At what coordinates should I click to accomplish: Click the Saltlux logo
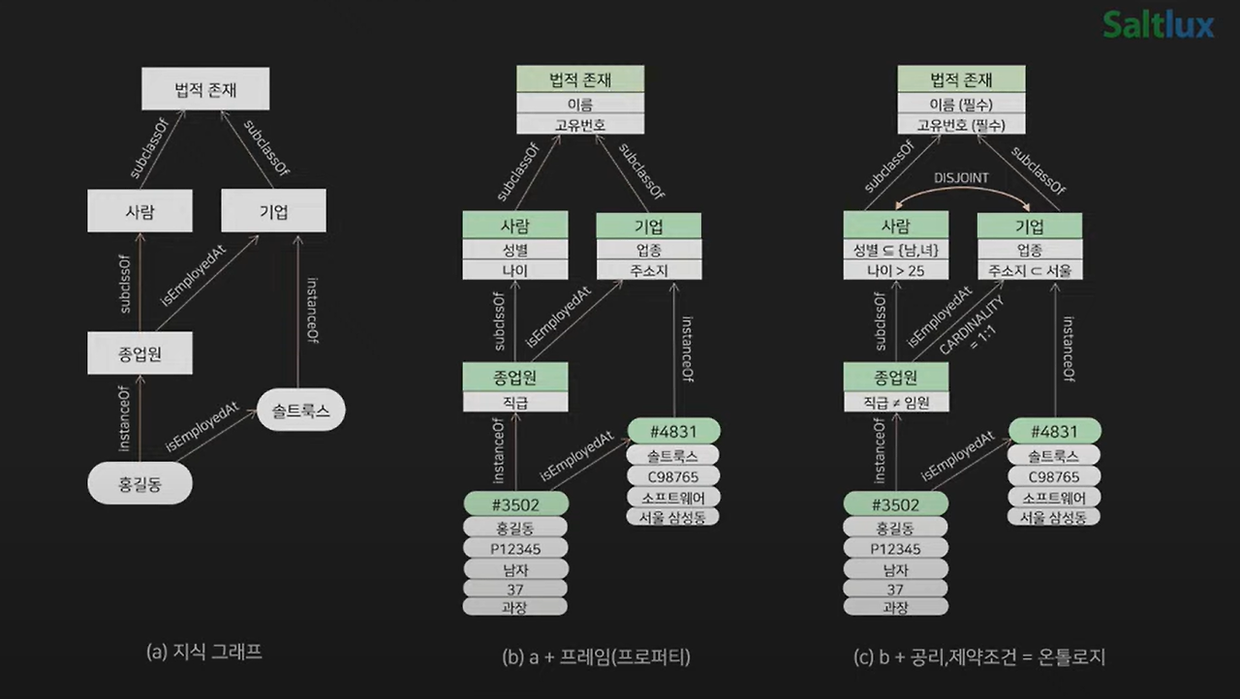coord(1158,25)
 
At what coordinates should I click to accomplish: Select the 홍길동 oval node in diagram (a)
coord(140,484)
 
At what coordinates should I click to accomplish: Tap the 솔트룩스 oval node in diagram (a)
coord(301,410)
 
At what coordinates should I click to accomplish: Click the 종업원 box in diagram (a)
coord(140,352)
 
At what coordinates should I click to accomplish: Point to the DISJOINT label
coord(961,178)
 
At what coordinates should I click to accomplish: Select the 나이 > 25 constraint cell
coord(896,270)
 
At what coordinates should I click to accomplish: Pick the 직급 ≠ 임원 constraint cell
coord(896,402)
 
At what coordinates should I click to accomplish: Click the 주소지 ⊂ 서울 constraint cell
coord(1030,270)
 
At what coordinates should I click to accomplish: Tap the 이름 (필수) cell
coord(961,104)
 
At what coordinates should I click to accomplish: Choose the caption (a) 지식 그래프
coord(204,652)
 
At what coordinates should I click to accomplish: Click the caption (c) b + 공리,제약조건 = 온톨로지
coord(978,657)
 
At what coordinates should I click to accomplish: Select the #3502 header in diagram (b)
coord(516,504)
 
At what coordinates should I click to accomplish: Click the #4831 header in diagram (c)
coord(1055,431)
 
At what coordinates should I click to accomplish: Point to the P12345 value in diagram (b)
coord(515,549)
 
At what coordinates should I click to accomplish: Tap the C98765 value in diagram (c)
coord(1054,476)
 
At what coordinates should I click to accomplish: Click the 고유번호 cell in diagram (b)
coord(580,125)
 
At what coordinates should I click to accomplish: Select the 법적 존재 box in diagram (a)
coord(205,88)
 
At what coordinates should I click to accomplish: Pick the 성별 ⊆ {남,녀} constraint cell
coord(896,250)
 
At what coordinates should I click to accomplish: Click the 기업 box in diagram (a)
coord(273,211)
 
